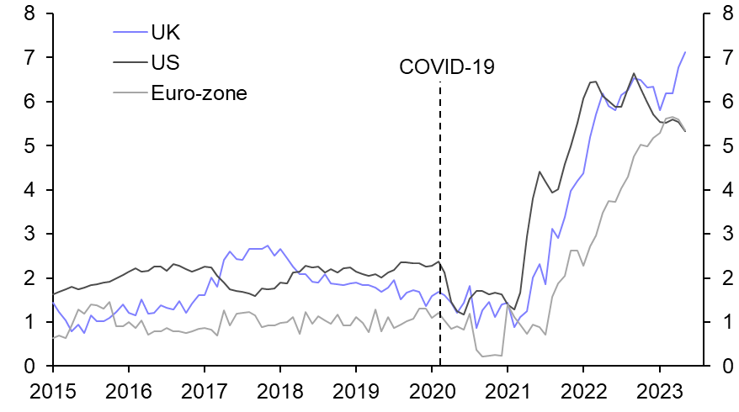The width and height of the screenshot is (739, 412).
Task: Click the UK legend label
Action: (166, 33)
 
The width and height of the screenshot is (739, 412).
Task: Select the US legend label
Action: (166, 63)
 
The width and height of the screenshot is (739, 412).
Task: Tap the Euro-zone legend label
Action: (199, 92)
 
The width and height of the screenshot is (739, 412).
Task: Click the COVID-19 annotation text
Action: (447, 67)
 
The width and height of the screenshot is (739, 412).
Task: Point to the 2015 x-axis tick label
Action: (53, 392)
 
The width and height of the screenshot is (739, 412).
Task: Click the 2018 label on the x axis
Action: (280, 392)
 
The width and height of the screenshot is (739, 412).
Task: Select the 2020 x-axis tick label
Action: (432, 392)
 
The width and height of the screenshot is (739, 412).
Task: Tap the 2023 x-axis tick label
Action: (659, 392)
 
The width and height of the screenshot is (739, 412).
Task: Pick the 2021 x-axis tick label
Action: (508, 392)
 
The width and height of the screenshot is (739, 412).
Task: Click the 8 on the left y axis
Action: (29, 13)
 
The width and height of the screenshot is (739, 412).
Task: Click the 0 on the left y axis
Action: (29, 367)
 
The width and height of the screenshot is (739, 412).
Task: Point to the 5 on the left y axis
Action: (29, 145)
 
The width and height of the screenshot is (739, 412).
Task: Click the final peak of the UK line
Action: (685, 52)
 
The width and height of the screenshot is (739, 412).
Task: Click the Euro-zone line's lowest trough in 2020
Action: (483, 357)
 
